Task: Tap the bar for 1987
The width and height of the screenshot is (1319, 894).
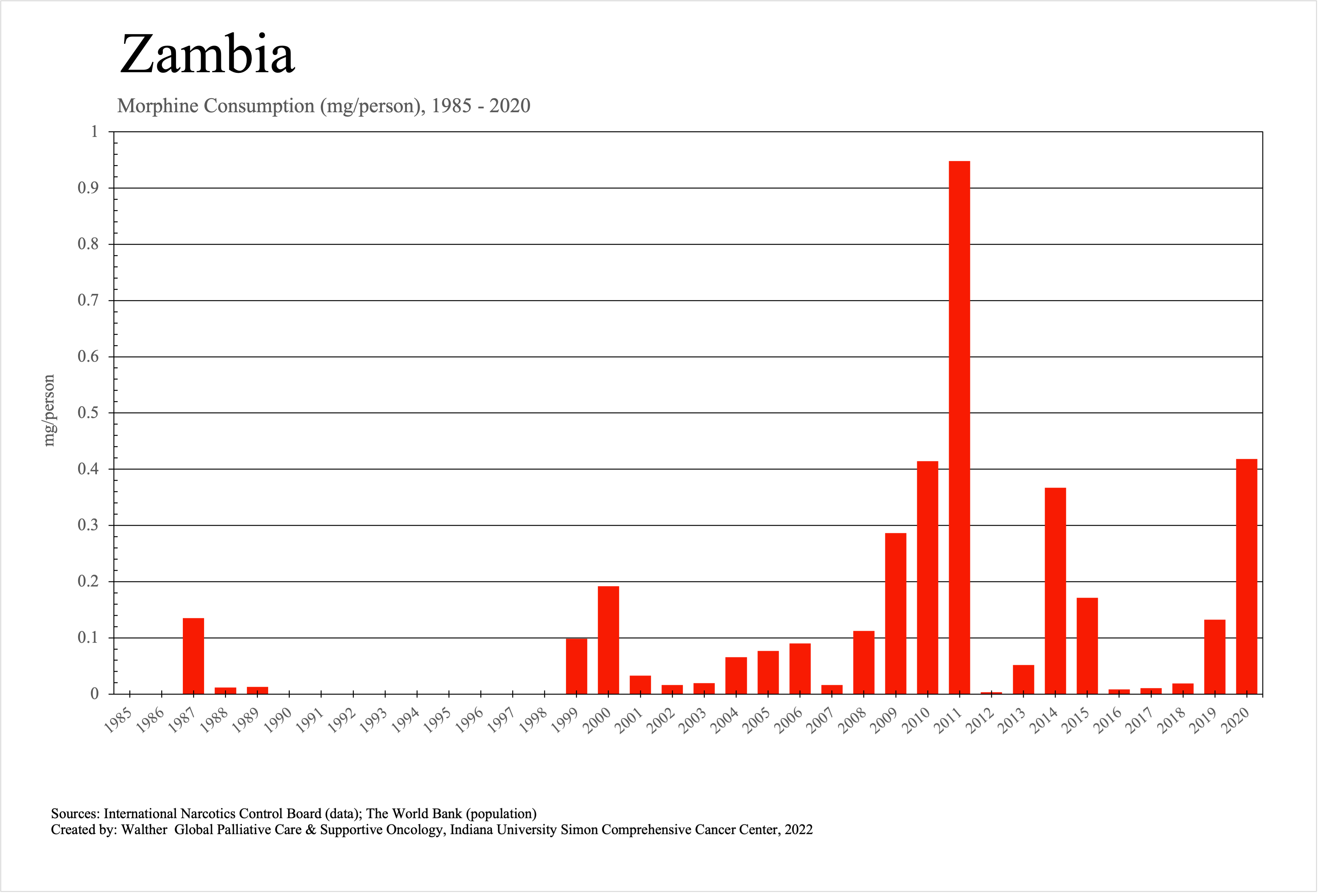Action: [193, 655]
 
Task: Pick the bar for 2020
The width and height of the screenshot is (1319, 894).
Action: [1247, 576]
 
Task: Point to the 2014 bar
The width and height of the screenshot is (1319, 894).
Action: [1055, 590]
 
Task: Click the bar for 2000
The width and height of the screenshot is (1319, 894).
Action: [608, 640]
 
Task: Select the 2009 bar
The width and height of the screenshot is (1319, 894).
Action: [896, 613]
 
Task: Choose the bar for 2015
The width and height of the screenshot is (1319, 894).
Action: [1087, 645]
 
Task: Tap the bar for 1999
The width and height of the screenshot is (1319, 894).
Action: [577, 666]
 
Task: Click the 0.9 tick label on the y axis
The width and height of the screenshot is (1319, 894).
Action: [88, 188]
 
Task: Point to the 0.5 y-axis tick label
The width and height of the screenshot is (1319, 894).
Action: [88, 413]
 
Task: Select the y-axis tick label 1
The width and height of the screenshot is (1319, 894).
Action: [95, 132]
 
